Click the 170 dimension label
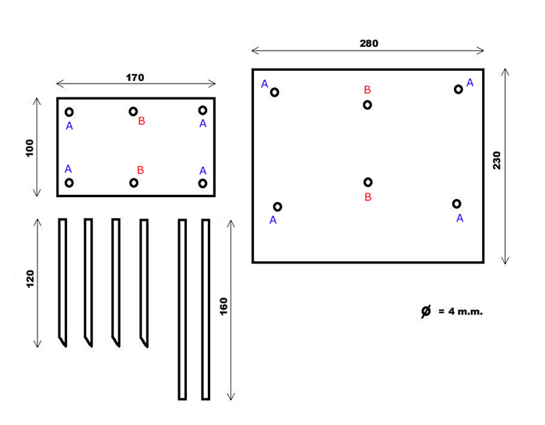click(x=135, y=77)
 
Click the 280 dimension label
click(x=369, y=44)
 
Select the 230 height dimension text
click(x=496, y=161)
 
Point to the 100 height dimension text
click(x=30, y=148)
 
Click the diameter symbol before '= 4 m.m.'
click(x=426, y=311)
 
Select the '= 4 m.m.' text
click(x=461, y=312)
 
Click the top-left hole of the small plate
click(x=69, y=112)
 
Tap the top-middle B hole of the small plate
click(x=134, y=112)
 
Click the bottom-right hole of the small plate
click(x=202, y=183)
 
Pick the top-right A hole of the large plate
click(x=459, y=89)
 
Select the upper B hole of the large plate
click(x=367, y=104)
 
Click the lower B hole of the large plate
click(x=368, y=182)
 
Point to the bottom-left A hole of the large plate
click(x=277, y=207)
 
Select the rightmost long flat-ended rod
click(x=206, y=309)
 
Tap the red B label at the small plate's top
click(x=142, y=121)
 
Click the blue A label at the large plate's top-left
click(x=265, y=84)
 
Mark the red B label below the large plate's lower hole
click(x=368, y=197)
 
